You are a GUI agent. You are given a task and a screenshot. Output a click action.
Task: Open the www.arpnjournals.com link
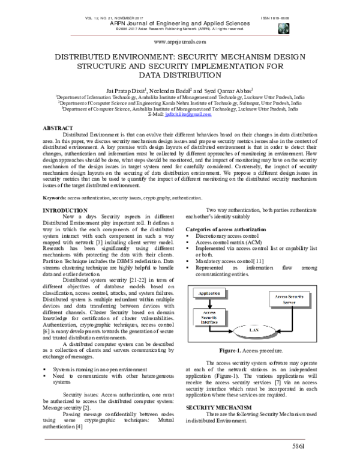tap(180, 43)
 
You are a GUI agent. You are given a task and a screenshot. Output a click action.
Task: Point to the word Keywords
tap(54, 181)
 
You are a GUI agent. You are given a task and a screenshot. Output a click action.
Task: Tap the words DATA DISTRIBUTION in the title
tap(181, 76)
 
